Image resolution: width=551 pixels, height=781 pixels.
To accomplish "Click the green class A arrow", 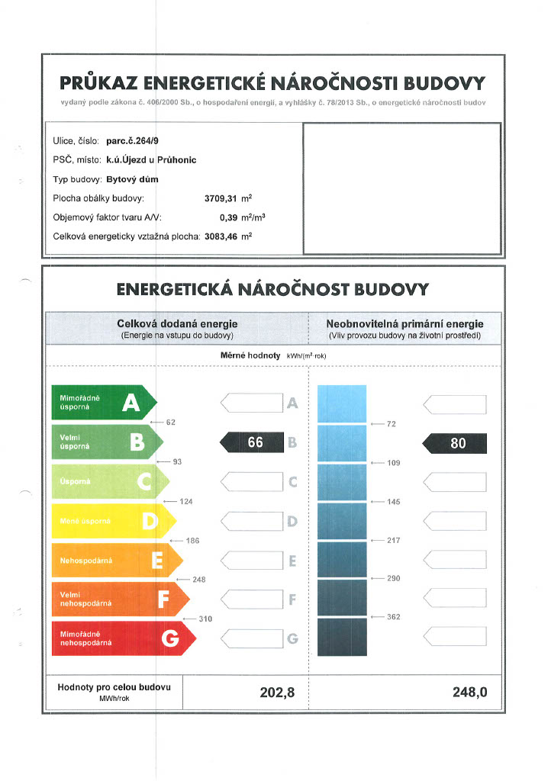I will pyautogui.click(x=103, y=402).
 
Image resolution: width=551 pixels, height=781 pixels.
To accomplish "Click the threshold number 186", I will pyautogui.click(x=192, y=541).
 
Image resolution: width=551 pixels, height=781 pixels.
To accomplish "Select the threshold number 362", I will pyautogui.click(x=394, y=617).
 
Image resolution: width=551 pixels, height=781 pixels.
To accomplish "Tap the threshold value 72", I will pyautogui.click(x=391, y=423).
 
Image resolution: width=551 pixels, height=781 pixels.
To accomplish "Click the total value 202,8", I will pyautogui.click(x=276, y=693).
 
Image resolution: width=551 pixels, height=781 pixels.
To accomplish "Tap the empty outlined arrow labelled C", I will pyautogui.click(x=252, y=482).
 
